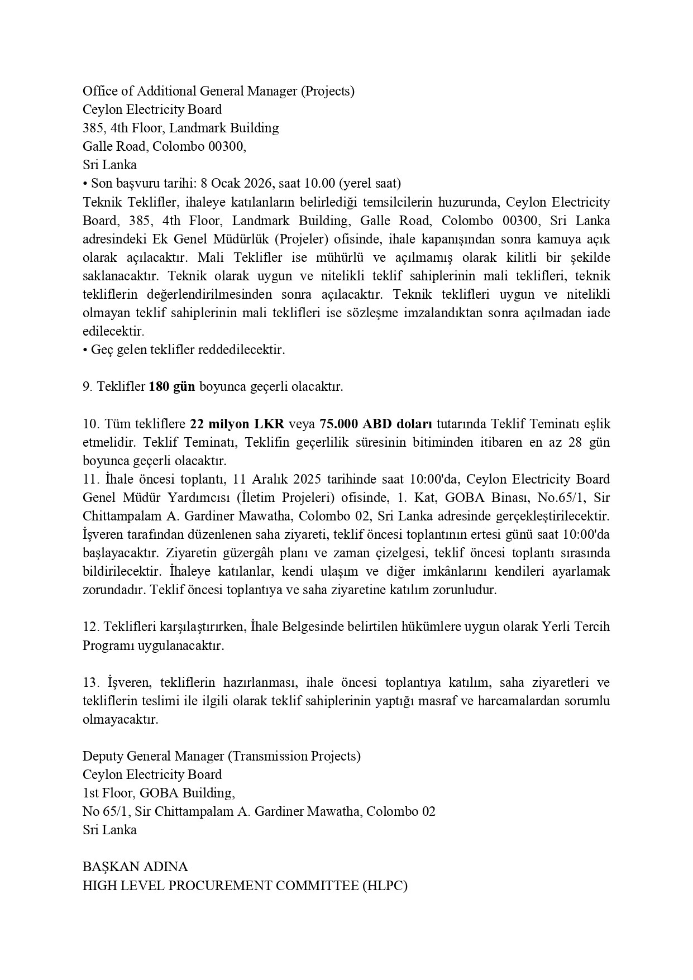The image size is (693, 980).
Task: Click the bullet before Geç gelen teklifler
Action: pyautogui.click(x=85, y=350)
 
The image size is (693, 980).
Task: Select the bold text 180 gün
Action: pyautogui.click(x=172, y=386)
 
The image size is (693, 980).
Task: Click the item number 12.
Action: pyautogui.click(x=90, y=627)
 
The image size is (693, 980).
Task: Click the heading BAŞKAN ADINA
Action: pyautogui.click(x=135, y=867)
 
